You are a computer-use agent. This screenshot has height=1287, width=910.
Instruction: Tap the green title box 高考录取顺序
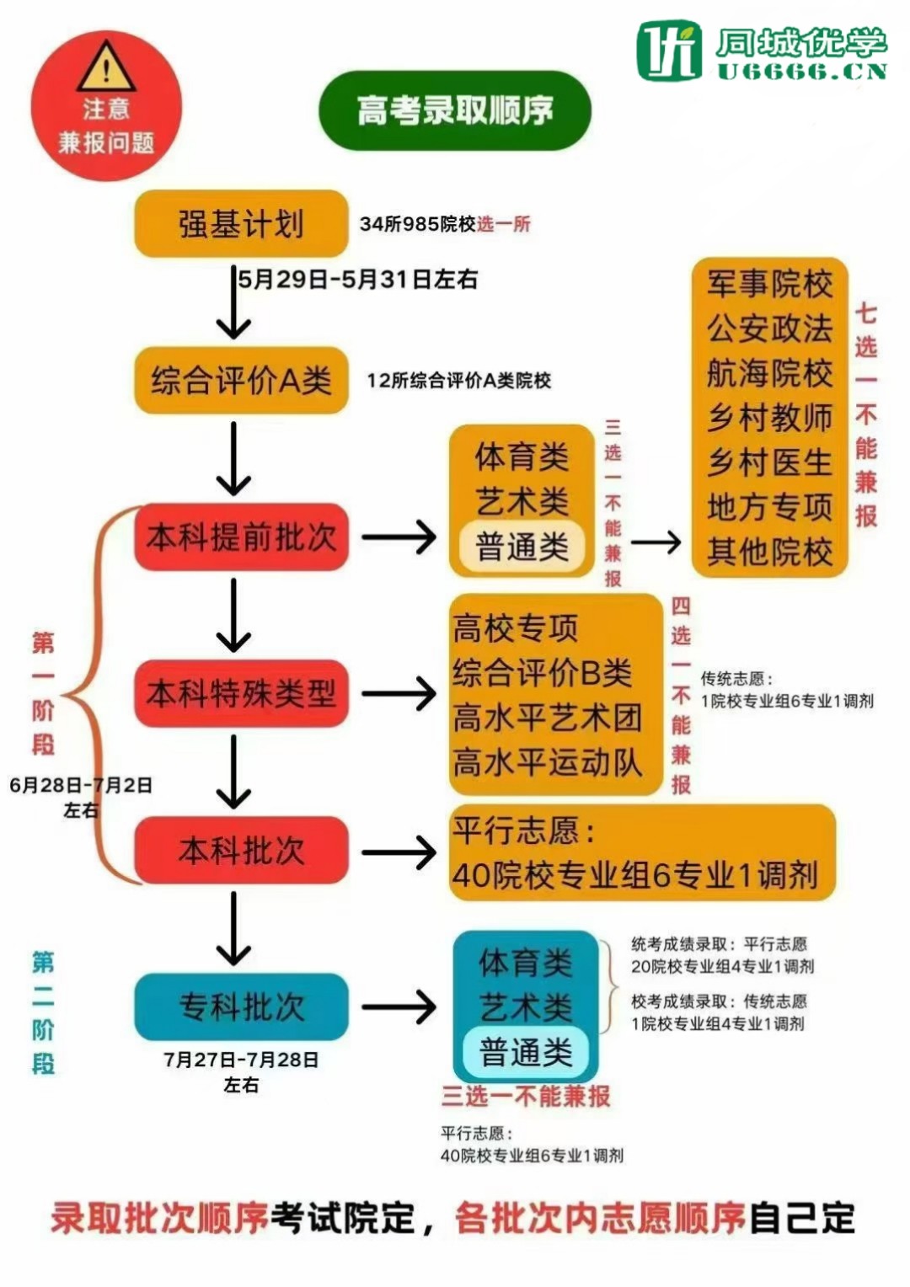[455, 110]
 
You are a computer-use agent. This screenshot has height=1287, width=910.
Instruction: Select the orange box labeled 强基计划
[241, 224]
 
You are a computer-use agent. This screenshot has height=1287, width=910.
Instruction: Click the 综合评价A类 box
[241, 381]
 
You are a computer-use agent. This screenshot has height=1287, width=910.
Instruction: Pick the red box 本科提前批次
[241, 537]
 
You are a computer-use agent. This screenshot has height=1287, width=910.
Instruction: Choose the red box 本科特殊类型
[241, 694]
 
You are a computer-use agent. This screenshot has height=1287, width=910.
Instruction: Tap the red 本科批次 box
[241, 851]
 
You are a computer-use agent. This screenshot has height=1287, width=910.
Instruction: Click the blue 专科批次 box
[241, 1007]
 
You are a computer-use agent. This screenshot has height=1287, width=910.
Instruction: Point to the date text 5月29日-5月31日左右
[357, 279]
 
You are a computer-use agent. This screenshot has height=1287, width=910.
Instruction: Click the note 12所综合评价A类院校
[458, 381]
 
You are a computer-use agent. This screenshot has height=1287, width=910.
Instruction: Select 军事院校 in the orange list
[769, 285]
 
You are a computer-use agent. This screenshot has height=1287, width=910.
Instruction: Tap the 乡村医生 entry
[769, 462]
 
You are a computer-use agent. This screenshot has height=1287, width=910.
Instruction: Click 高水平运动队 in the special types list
[548, 763]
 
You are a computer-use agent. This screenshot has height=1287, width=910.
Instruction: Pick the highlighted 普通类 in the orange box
[522, 547]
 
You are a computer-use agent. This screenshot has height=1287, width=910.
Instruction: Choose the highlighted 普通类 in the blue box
[526, 1052]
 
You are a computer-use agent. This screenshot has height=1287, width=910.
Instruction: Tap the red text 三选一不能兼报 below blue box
[526, 1096]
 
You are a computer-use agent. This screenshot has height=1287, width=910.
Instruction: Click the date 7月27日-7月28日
[241, 1060]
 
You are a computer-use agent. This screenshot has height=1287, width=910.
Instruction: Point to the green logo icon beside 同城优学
[669, 51]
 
